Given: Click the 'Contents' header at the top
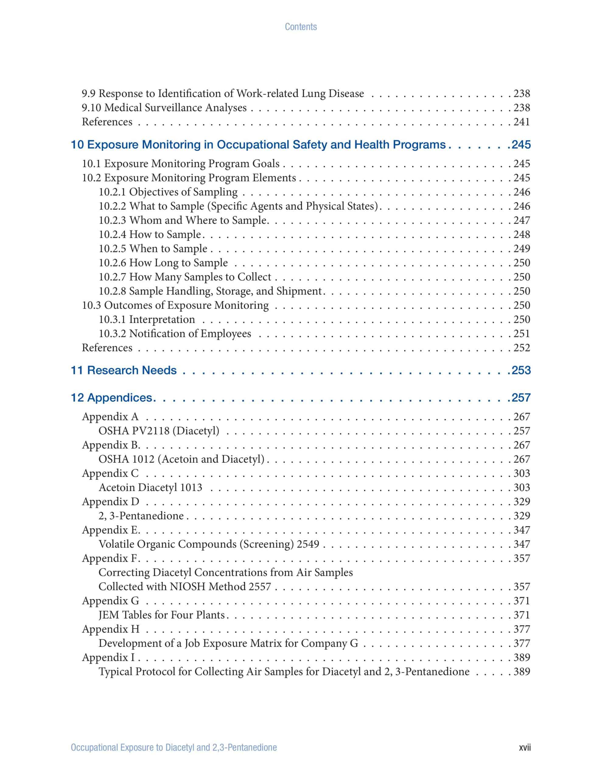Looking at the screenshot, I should coord(300,27).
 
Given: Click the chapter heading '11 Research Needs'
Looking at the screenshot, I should coord(124,370).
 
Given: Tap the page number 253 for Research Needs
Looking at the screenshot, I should coord(521,370).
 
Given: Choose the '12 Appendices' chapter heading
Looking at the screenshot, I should coord(113,397).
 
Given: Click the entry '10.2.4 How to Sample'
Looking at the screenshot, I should coord(150,234).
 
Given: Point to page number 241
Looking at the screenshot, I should coord(522,122).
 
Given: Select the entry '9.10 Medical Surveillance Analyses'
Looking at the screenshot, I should coord(164,108).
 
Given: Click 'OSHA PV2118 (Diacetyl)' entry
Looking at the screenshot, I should coord(159,431).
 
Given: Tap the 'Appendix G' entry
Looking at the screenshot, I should coord(110,601).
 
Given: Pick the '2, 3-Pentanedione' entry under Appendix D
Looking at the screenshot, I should coord(141,516).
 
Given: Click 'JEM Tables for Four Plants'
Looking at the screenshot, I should coord(162,615).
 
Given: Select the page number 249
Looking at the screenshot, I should coord(522,249).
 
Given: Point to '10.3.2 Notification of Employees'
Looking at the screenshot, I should coord(175,334).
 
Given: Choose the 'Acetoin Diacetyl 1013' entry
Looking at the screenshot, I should coord(150,487).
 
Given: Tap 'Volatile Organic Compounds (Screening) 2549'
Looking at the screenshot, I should coord(209,544).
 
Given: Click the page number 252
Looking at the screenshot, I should coord(522,348).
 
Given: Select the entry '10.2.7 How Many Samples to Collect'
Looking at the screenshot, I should coord(185,277).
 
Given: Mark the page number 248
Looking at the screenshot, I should coord(522,234).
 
